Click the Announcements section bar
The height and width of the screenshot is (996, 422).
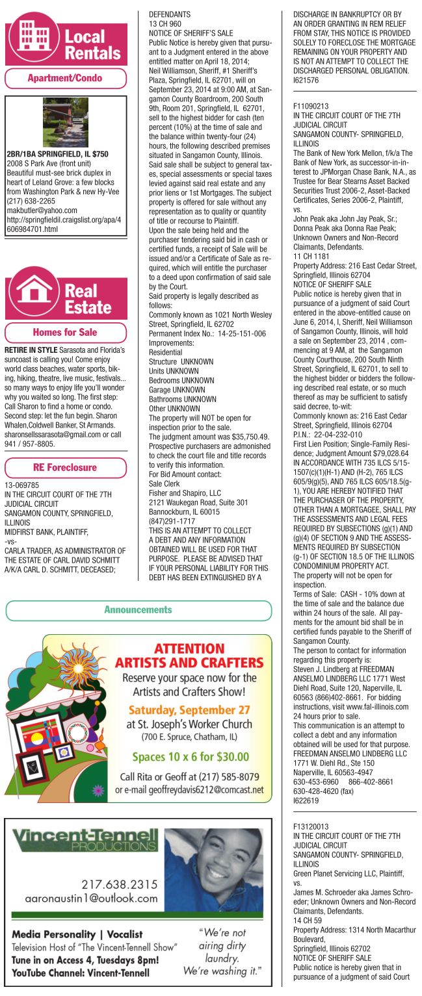(138, 609)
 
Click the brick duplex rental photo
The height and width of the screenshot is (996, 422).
(65, 122)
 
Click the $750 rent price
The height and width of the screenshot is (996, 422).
(99, 154)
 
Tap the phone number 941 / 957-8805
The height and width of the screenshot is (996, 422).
(29, 444)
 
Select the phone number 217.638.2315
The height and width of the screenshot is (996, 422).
(119, 884)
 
